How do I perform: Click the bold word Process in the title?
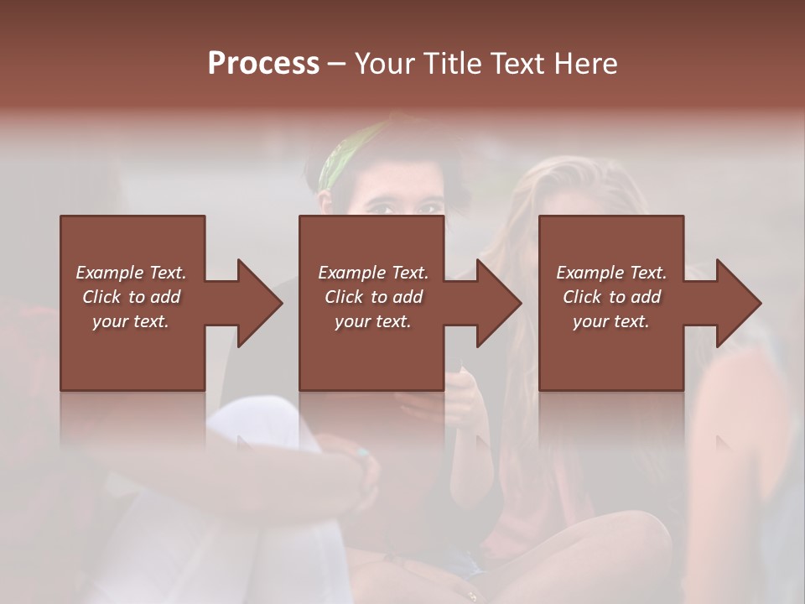click(x=263, y=64)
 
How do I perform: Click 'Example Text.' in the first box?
click(x=131, y=273)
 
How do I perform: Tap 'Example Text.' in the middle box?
click(x=372, y=273)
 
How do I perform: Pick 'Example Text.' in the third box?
click(x=610, y=273)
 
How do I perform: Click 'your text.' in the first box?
click(x=131, y=321)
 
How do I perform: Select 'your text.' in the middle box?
click(x=372, y=321)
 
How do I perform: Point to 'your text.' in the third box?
click(x=610, y=321)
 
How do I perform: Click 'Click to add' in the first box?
click(x=131, y=297)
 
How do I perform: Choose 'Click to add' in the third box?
click(x=610, y=297)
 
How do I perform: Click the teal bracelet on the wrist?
click(x=362, y=454)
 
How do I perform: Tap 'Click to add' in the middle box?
click(x=372, y=297)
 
